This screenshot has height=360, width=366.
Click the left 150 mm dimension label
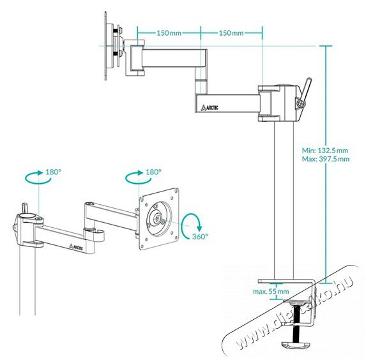[169, 33]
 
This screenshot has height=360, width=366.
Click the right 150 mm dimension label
[231, 33]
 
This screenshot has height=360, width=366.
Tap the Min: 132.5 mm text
[325, 151]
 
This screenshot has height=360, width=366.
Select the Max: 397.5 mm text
[326, 159]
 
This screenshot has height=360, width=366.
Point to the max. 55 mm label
[271, 292]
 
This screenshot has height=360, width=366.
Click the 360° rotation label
[200, 237]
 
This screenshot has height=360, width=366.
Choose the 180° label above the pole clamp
[53, 172]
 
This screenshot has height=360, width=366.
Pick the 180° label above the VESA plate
[153, 172]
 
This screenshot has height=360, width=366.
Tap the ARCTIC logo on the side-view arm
[210, 108]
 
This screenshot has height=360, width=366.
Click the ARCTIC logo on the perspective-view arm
[76, 246]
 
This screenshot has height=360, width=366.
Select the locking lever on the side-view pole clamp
[306, 89]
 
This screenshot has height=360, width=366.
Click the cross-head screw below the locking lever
[301, 103]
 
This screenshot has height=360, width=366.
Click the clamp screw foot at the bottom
[296, 345]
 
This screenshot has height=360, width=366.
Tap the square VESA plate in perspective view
[159, 219]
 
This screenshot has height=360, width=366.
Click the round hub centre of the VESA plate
[159, 218]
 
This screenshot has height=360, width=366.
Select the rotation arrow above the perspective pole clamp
[38, 178]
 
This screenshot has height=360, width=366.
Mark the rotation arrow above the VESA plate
[139, 178]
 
